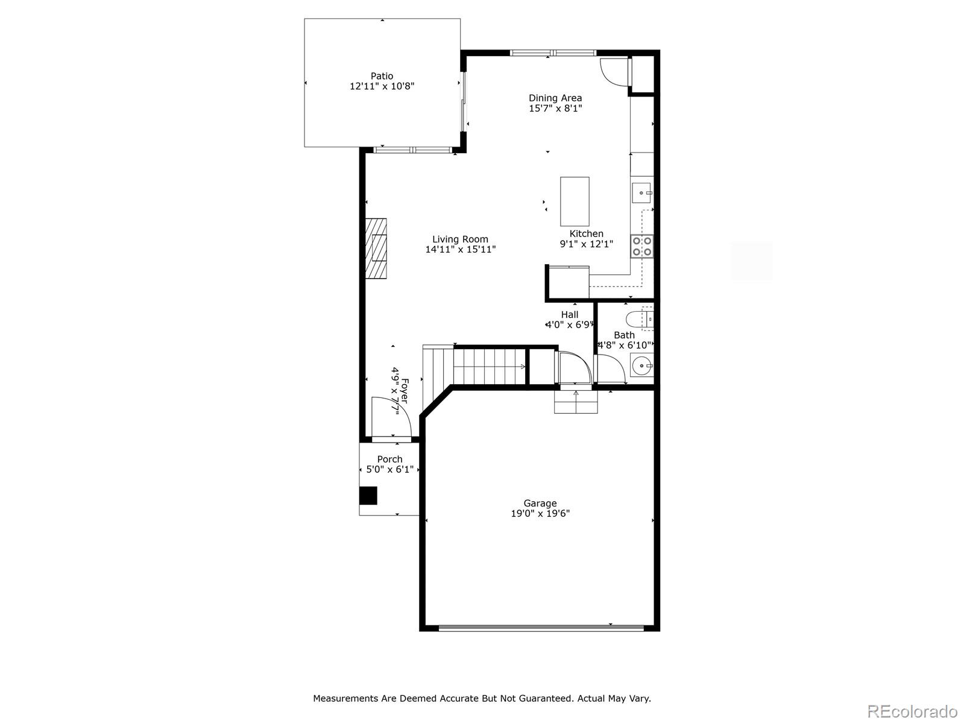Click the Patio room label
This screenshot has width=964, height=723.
pos(382,76)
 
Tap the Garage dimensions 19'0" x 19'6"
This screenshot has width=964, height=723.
pos(540,514)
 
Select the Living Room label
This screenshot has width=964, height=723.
pos(460,239)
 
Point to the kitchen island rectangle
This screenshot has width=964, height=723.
pos(575,201)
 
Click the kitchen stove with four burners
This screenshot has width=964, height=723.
pos(642,246)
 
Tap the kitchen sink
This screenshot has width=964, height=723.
pos(642,193)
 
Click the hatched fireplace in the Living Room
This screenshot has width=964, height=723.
pos(378,247)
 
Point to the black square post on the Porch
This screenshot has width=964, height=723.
pos(368,496)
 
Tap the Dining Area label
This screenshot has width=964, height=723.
pos(555,98)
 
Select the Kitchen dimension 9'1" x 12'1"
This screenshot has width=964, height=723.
pos(586,244)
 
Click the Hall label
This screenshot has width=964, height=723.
pos(570,315)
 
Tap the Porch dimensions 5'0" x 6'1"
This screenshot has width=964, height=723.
pos(389,469)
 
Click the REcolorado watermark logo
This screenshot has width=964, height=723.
pos(912,710)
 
